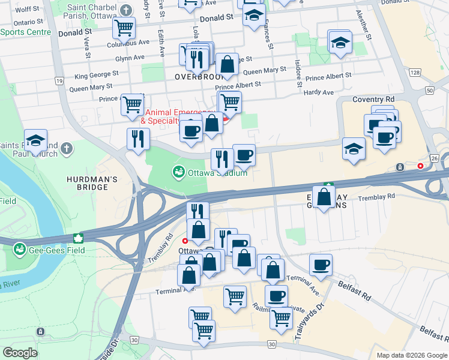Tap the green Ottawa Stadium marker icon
(178, 173)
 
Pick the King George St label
(97, 76)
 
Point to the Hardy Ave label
(319, 92)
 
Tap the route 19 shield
(59, 80)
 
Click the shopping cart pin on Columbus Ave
(124, 27)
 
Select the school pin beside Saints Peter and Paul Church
(35, 140)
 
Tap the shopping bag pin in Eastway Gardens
(324, 197)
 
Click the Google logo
(20, 353)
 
